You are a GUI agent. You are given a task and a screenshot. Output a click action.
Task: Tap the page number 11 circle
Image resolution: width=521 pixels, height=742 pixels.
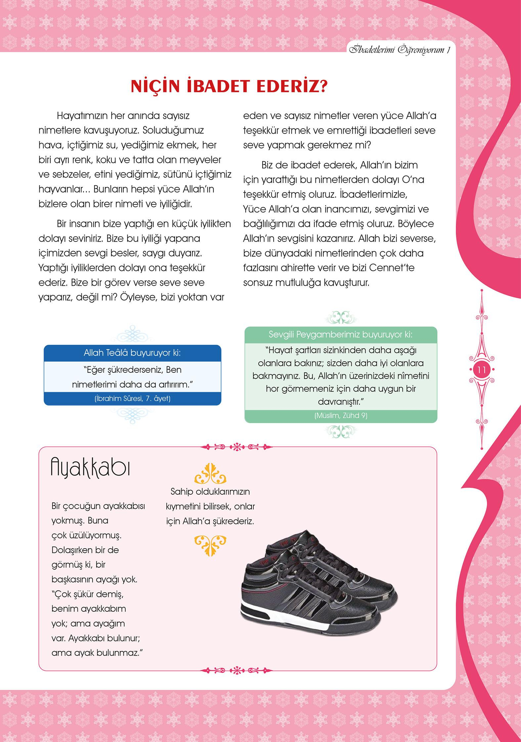coord(482,370)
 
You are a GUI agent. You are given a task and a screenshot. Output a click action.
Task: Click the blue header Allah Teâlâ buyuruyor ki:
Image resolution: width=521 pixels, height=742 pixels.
coord(132,353)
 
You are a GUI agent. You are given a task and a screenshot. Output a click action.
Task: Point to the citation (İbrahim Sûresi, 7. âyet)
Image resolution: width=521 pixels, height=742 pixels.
coord(132,399)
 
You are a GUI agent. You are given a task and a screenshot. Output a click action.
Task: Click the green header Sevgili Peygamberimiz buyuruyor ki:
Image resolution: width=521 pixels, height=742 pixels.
coord(341,334)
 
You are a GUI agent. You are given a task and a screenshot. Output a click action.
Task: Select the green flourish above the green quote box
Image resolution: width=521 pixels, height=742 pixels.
coord(341,317)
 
